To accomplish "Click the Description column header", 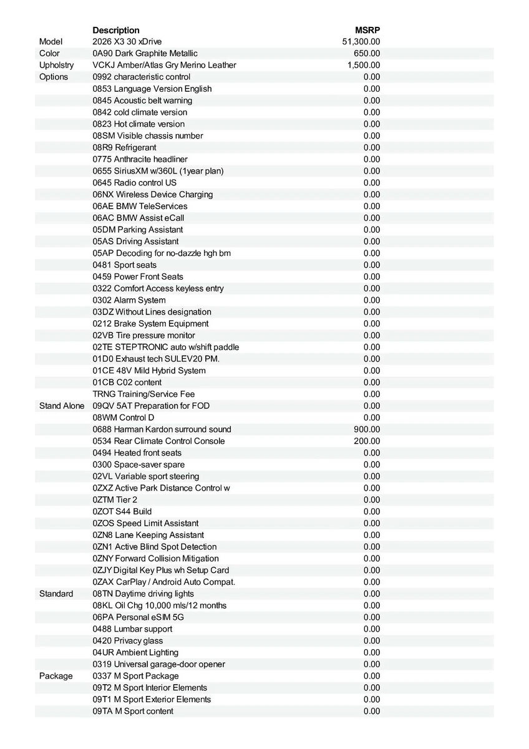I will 116,30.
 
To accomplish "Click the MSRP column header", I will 367,30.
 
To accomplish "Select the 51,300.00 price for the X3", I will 361,42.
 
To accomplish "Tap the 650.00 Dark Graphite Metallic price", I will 367,54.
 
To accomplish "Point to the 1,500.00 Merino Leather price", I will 364,66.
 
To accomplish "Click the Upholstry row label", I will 56,66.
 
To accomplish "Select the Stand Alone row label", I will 62,406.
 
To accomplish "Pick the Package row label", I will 56,676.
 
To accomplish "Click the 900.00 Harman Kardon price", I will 367,429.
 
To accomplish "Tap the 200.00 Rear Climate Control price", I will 367,441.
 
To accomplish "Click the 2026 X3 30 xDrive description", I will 127,42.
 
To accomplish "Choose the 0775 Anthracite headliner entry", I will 140,159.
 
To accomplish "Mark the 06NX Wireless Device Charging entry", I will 153,194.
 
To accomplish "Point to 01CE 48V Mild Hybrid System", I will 149,371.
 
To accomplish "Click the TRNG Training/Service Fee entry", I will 143,394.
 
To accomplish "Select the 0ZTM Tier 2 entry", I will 115,500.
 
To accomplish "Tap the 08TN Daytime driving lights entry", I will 143,594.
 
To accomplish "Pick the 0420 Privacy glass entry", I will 128,640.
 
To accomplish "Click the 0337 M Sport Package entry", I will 135,676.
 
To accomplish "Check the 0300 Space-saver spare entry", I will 138,464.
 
